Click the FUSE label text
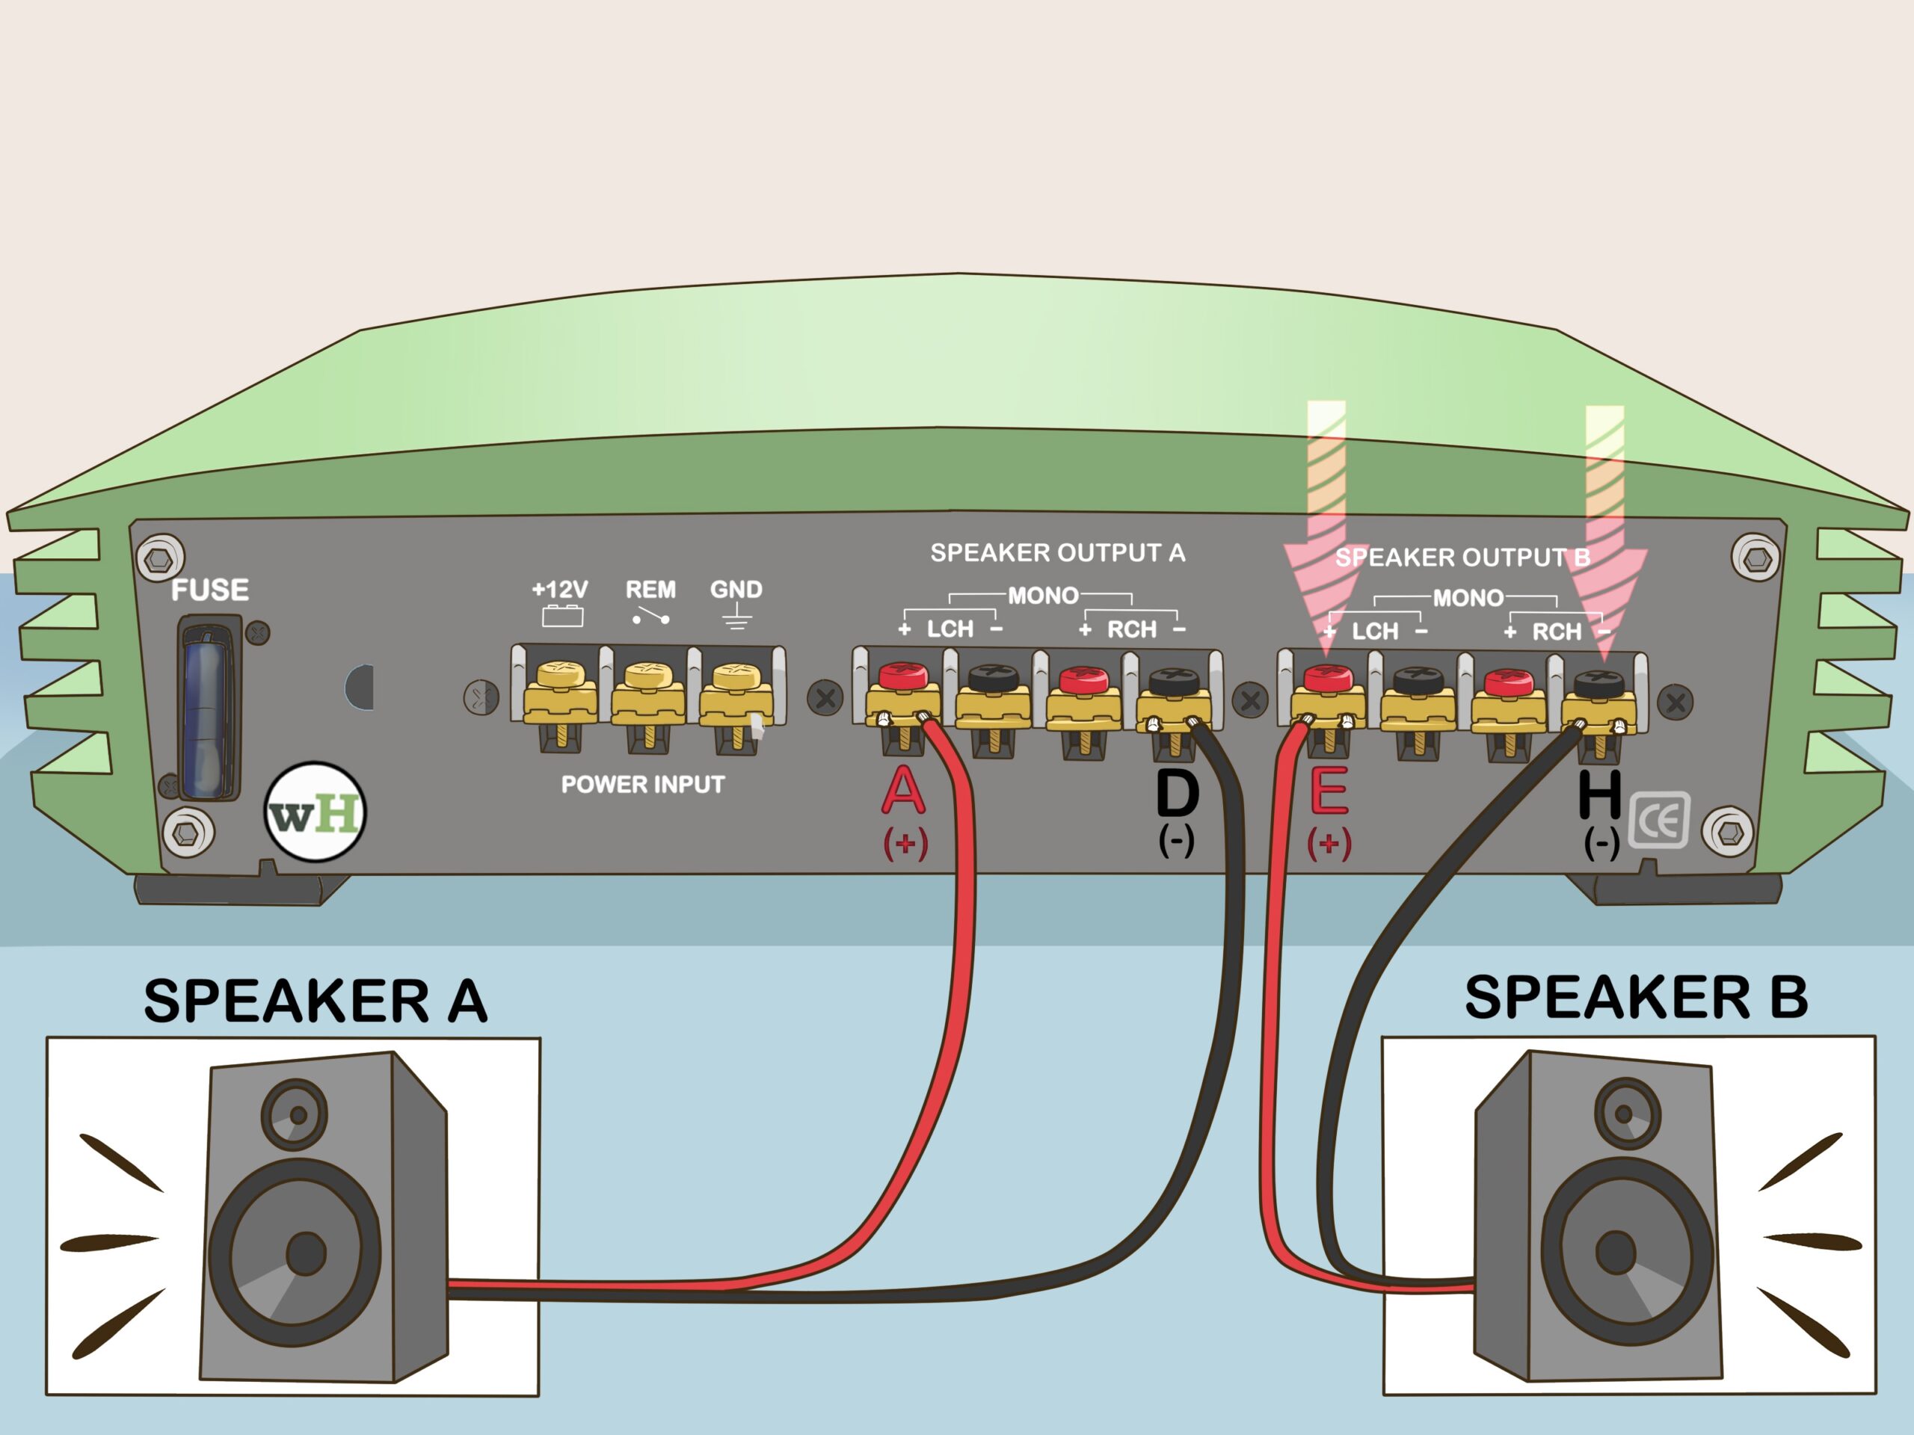[x=209, y=590]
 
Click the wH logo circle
[x=315, y=812]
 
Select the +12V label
[x=560, y=590]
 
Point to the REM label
[x=650, y=590]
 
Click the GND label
[x=736, y=590]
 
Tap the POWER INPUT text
[x=642, y=785]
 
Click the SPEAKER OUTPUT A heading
[x=1057, y=554]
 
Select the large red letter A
[x=902, y=791]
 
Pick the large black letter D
[x=1177, y=793]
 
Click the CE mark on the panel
[x=1659, y=820]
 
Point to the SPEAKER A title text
[x=315, y=1002]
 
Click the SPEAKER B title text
[x=1635, y=997]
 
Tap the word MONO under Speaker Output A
[x=1043, y=596]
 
